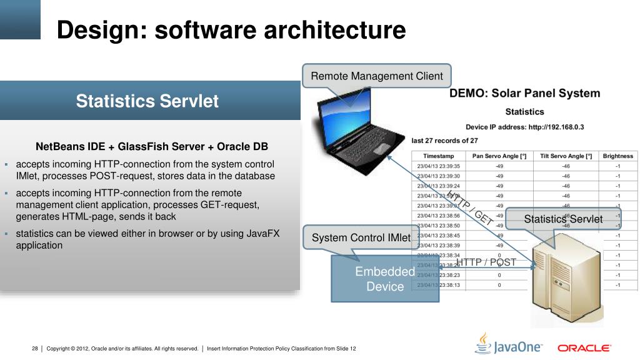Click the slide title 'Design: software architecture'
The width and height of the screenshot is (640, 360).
pos(231,30)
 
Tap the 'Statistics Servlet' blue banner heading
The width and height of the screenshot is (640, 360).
pos(147,101)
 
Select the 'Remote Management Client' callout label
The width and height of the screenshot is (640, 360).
pos(377,76)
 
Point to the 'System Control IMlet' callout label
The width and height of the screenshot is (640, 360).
pos(361,237)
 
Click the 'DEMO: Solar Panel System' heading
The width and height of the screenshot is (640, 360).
pos(525,94)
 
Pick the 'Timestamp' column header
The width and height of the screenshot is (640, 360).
pos(438,156)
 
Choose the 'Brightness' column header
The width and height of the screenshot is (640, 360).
pos(617,156)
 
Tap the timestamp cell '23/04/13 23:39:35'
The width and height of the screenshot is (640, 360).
pos(438,166)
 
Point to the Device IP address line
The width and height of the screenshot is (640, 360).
pos(524,127)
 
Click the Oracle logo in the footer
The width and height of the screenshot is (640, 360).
pos(584,347)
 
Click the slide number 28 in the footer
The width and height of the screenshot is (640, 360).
pos(35,348)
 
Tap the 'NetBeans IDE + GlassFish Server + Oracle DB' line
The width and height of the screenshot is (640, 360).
pos(152,147)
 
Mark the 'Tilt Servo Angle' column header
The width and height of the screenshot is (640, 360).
pos(566,156)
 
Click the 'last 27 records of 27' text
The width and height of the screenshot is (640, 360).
pos(444,141)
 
